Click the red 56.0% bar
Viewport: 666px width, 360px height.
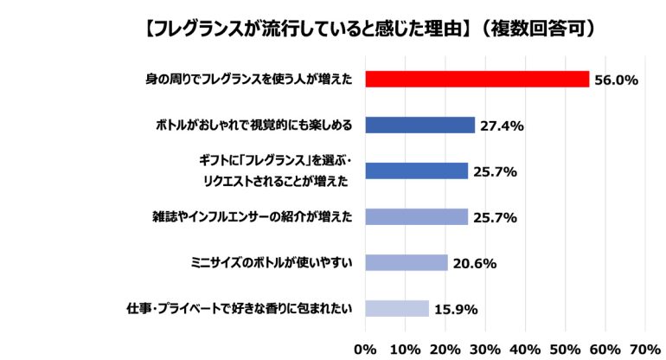pyautogui.click(x=477, y=80)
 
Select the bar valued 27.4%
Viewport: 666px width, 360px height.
pyautogui.click(x=420, y=125)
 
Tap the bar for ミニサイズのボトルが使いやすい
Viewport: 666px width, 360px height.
pyautogui.click(x=407, y=263)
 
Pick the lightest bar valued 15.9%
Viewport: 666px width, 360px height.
pyautogui.click(x=397, y=309)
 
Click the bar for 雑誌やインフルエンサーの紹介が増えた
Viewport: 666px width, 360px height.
pyautogui.click(x=416, y=217)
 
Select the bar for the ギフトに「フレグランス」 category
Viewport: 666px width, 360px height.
pyautogui.click(x=416, y=171)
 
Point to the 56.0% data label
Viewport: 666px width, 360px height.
pyautogui.click(x=617, y=80)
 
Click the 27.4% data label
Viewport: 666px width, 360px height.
pyautogui.click(x=502, y=126)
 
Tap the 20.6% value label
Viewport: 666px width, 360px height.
pyautogui.click(x=474, y=264)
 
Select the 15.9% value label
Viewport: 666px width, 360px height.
pyautogui.click(x=455, y=310)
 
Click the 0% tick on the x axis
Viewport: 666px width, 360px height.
pyautogui.click(x=366, y=349)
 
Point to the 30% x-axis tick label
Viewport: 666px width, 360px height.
pyautogui.click(x=485, y=349)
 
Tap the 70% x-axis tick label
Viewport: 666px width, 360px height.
pyautogui.click(x=645, y=349)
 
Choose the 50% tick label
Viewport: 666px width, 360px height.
pyautogui.click(x=566, y=349)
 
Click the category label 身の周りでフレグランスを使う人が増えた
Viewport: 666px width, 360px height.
pyautogui.click(x=248, y=80)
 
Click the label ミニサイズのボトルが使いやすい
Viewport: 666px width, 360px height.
pyautogui.click(x=270, y=263)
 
